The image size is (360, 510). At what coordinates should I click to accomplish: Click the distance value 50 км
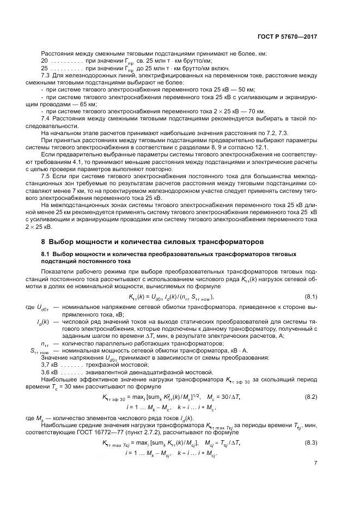pos(247,89)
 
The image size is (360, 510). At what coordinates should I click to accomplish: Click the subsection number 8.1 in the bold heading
pos(46,254)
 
